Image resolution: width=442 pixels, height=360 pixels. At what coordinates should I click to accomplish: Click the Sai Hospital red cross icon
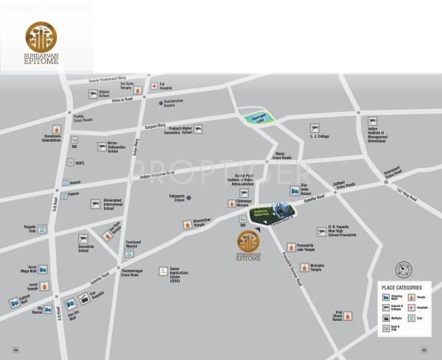pyautogui.click(x=154, y=86)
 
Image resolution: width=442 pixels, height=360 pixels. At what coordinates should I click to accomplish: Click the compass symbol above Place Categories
pyautogui.click(x=404, y=269)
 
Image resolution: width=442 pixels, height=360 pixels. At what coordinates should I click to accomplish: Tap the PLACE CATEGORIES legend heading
pyautogui.click(x=401, y=287)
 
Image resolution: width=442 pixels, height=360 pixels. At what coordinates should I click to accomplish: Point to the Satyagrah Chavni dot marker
pyautogui.click(x=189, y=197)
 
